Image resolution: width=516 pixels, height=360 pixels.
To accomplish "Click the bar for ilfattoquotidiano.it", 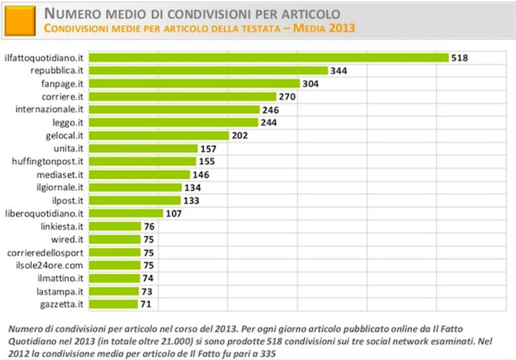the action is [x=268, y=58].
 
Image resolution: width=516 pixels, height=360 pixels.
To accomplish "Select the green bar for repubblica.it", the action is [x=209, y=71].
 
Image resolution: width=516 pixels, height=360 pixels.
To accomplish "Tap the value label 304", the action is [x=311, y=83].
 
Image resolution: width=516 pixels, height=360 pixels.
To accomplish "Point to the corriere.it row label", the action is [x=63, y=97].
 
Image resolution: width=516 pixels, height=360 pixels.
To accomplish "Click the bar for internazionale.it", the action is [x=174, y=109].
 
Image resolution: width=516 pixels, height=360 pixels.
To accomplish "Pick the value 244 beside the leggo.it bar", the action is [x=269, y=122].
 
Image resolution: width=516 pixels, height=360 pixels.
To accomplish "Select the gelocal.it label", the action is [x=65, y=135].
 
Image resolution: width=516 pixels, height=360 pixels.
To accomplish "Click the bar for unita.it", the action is [x=143, y=149].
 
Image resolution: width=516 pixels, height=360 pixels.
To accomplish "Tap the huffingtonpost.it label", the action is [x=48, y=161].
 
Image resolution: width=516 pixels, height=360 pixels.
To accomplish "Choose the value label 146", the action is [x=200, y=174].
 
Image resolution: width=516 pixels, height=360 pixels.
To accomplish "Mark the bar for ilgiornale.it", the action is [x=135, y=187].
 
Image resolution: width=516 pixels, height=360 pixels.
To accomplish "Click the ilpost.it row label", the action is [x=68, y=201].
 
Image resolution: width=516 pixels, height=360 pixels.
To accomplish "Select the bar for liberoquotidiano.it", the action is [x=126, y=213].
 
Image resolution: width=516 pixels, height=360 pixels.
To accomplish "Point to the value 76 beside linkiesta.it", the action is [x=149, y=226].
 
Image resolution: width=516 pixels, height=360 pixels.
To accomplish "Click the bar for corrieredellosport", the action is [x=114, y=252].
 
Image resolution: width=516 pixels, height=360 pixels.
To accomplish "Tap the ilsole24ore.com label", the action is [x=49, y=265].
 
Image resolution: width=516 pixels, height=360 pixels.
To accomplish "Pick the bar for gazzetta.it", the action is [x=113, y=304].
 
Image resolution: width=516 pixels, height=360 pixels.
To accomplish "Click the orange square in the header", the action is [x=20, y=20].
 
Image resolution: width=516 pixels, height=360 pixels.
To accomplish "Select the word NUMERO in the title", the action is [x=73, y=14].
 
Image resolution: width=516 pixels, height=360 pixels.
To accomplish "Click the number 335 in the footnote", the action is [x=268, y=354].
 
